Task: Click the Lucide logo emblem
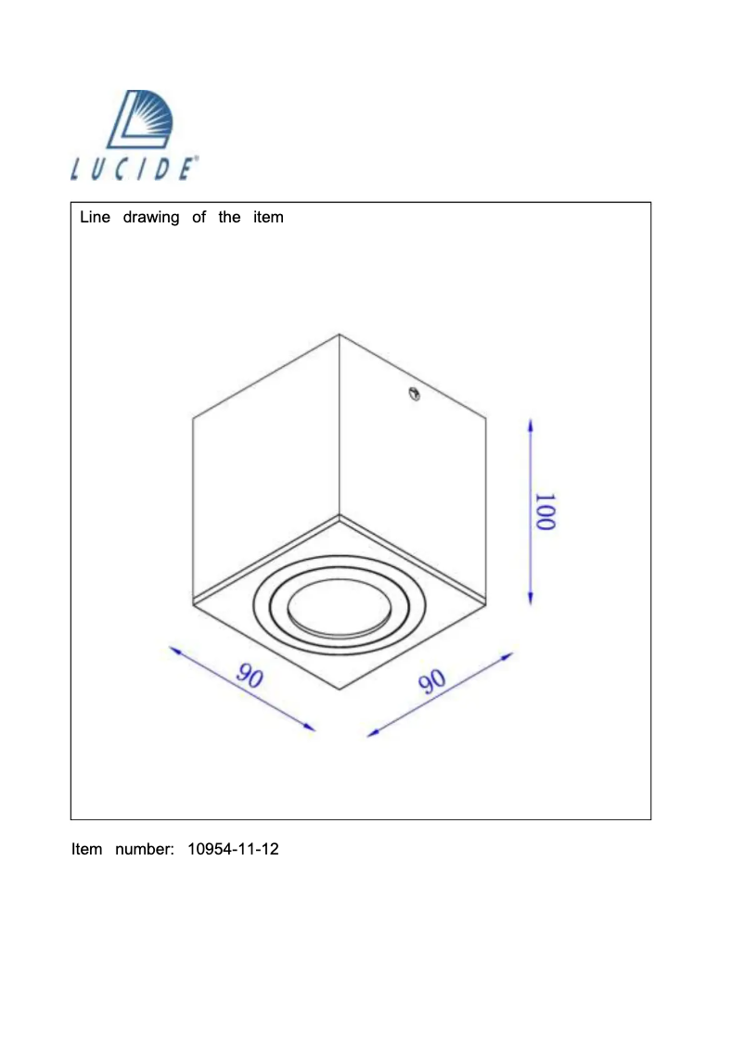[x=142, y=120]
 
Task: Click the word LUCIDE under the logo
[x=135, y=170]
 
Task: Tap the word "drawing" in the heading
[x=151, y=218]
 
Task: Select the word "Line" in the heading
[x=95, y=218]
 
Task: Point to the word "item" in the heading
[x=268, y=218]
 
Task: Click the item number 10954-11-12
[x=233, y=848]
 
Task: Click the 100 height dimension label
[x=545, y=512]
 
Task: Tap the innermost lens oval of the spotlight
[x=326, y=612]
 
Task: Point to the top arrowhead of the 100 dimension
[x=530, y=424]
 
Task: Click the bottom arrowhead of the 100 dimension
[x=530, y=599]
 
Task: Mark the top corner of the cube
[x=340, y=335]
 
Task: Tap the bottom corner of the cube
[x=340, y=690]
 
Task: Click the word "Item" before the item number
[x=87, y=848]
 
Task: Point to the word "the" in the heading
[x=229, y=218]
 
